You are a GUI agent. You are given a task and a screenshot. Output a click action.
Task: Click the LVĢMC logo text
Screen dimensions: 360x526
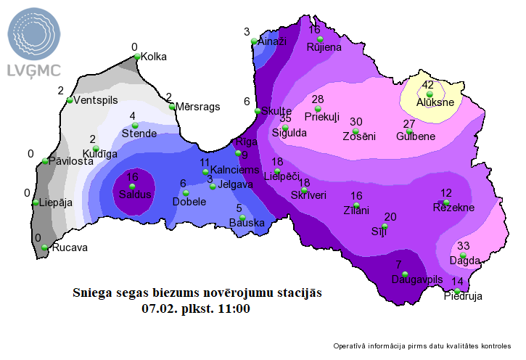point(34,70)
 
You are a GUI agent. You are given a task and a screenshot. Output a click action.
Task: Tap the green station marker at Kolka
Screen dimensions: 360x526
point(136,56)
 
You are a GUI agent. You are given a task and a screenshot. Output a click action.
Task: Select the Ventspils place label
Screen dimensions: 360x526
point(96,100)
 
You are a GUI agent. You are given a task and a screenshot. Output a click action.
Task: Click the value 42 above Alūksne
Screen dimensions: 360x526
point(427,84)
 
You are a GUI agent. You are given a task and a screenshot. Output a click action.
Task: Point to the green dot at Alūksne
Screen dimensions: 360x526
point(429,94)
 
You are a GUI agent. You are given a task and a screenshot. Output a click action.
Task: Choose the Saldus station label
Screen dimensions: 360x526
point(135,195)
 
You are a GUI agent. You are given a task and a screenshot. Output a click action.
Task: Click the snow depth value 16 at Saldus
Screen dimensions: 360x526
point(132,177)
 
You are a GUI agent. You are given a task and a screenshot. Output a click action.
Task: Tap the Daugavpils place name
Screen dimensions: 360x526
point(416,279)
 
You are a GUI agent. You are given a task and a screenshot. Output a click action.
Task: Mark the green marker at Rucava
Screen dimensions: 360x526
point(45,247)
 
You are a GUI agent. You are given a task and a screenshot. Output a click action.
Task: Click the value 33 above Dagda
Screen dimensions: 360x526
point(463,245)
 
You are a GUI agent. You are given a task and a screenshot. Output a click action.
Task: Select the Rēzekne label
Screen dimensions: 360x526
point(453,208)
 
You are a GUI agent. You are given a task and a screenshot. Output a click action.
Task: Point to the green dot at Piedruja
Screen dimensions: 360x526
point(457,291)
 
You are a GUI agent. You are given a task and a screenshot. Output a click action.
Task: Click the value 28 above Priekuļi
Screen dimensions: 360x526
point(318,99)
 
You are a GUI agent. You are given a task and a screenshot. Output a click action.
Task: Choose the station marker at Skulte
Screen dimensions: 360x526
point(258,111)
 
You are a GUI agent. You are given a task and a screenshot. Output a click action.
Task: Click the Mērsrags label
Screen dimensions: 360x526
point(197,107)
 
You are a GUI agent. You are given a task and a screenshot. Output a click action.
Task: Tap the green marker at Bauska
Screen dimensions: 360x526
point(242,217)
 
